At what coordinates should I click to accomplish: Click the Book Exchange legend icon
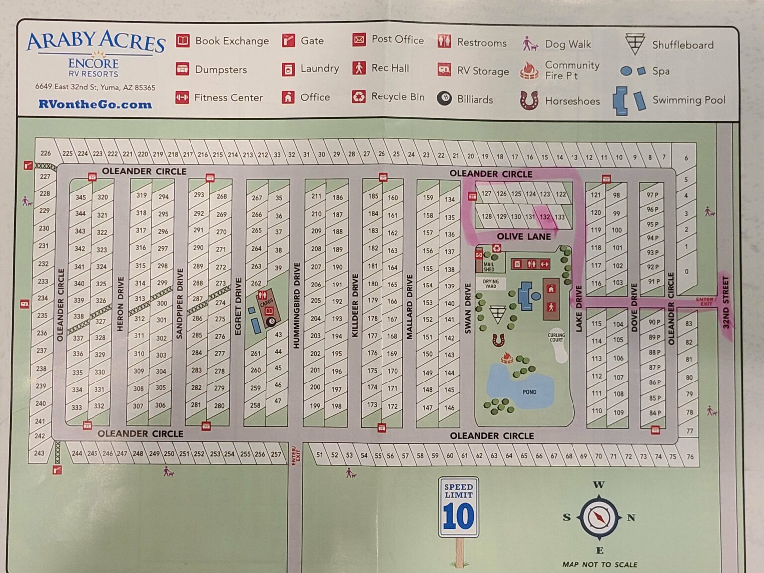(183, 41)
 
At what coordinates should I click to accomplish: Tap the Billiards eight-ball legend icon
(444, 98)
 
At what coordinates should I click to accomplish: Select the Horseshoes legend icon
(529, 100)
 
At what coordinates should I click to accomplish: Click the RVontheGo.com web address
(95, 104)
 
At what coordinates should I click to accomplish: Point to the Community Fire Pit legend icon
(529, 71)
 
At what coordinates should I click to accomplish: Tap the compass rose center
(599, 517)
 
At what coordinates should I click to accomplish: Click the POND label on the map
(529, 392)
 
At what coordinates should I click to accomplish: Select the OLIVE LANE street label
(524, 236)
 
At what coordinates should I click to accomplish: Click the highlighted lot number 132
(545, 217)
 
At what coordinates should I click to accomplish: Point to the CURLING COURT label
(556, 337)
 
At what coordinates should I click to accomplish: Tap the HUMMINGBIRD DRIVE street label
(297, 305)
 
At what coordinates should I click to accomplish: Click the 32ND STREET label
(725, 302)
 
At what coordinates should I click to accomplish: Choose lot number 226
(46, 153)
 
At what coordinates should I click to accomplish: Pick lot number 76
(690, 456)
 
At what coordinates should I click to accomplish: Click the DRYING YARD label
(491, 284)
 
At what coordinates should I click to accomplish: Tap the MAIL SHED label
(489, 267)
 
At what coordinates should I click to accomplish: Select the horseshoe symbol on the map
(498, 340)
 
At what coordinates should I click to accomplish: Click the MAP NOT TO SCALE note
(599, 564)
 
